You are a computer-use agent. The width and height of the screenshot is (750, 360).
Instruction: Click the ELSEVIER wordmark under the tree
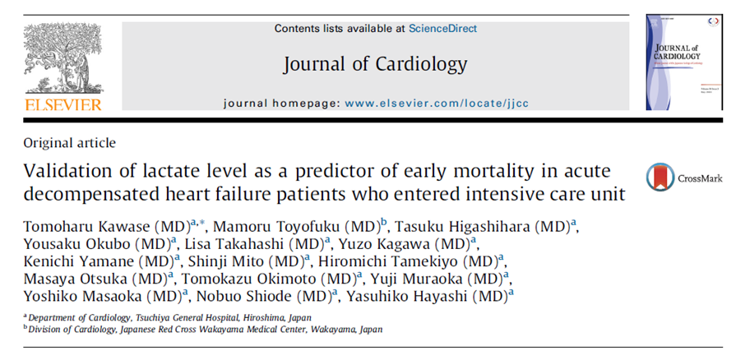pyautogui.click(x=63, y=104)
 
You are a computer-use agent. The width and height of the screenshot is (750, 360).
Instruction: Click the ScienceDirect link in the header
pyautogui.click(x=442, y=29)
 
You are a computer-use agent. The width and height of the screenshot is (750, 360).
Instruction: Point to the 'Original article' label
pyautogui.click(x=69, y=142)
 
